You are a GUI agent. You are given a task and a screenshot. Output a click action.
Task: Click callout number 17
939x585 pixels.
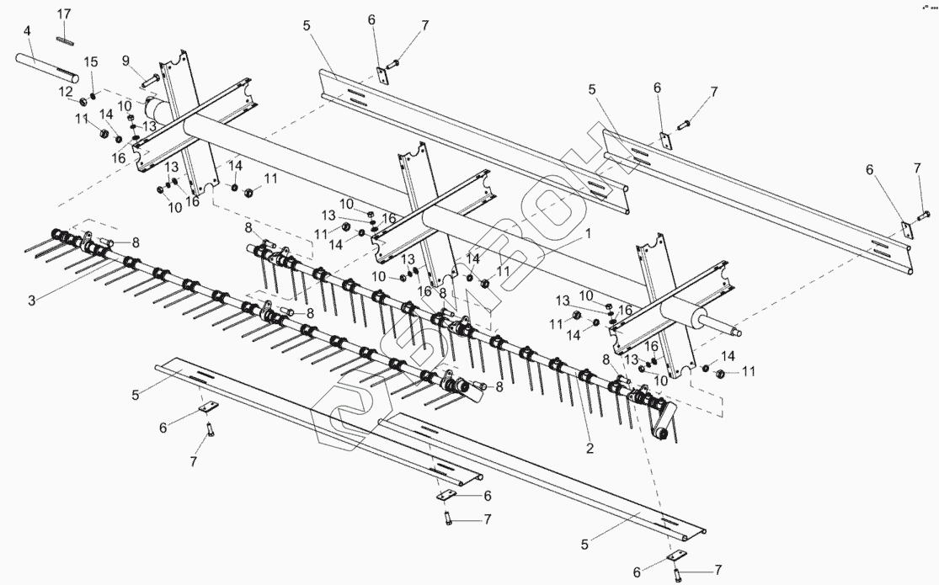point(65,14)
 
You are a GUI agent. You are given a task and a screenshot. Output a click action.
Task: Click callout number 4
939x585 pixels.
point(28,31)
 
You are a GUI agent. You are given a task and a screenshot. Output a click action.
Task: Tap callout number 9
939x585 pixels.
point(125,60)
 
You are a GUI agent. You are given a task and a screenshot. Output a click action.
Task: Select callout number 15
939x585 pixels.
point(91,62)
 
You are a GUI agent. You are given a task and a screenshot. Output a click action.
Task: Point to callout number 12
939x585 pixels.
point(65,91)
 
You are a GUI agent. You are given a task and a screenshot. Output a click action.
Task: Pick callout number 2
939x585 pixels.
point(590,449)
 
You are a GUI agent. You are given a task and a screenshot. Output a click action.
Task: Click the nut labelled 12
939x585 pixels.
point(84,102)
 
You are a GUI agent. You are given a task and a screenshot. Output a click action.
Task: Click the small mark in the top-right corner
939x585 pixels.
point(925,7)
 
